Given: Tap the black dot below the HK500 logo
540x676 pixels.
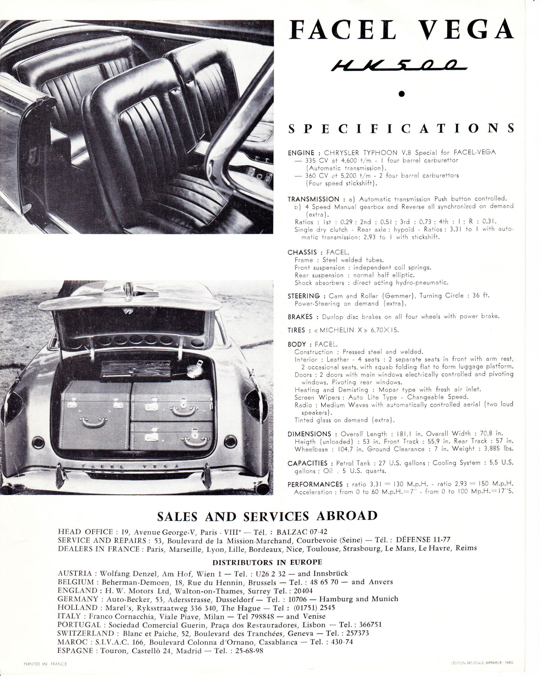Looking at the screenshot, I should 402,94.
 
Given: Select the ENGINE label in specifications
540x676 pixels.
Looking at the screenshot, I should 301,153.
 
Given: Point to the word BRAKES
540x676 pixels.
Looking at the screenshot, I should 300,317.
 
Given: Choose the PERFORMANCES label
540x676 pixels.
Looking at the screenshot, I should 315,484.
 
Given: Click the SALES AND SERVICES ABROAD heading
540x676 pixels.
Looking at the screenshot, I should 267,516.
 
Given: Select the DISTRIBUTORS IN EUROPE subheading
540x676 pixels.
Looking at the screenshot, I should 267,562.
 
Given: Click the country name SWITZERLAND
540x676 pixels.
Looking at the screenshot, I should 80,633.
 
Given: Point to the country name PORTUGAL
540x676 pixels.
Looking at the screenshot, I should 77,625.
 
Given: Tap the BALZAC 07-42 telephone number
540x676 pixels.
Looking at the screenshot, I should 300,531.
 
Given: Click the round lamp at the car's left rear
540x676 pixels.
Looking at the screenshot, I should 37,442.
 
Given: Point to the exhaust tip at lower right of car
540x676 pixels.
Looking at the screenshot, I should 262,489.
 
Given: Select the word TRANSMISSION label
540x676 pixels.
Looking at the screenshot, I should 313,199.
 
